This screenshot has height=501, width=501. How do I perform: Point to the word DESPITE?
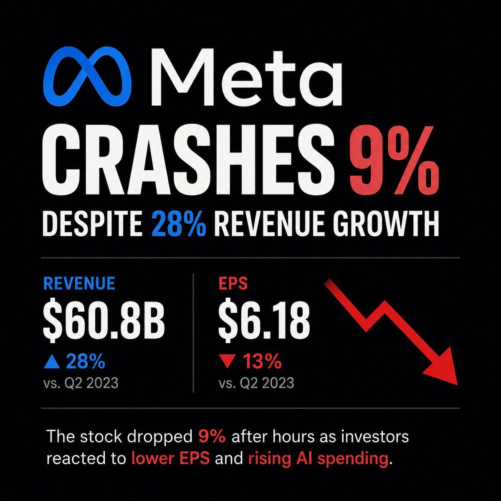pos(93,223)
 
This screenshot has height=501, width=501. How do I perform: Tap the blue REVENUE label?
pos(79,283)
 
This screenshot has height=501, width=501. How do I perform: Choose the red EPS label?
pos(233,283)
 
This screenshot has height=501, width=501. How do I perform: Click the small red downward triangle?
pos(227,362)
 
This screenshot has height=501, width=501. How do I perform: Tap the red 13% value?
pos(262,361)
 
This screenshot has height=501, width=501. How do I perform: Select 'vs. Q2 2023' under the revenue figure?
pos(81,383)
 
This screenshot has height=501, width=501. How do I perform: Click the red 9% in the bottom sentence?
pos(212,437)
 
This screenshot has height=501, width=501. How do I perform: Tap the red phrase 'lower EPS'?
pos(170,458)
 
